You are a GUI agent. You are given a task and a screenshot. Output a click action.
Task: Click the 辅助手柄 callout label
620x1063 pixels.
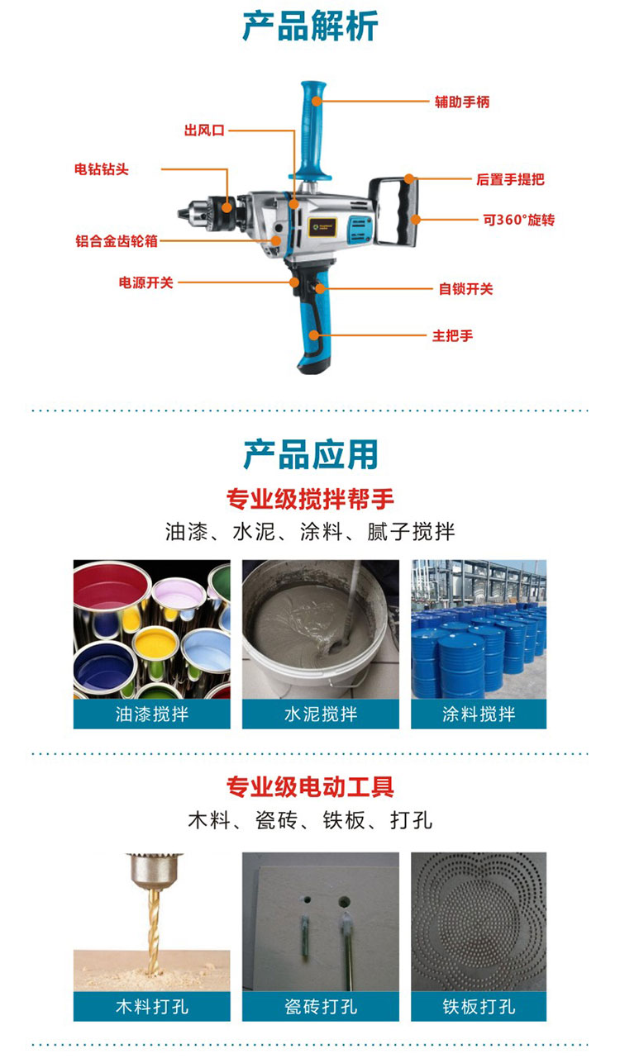point(462,102)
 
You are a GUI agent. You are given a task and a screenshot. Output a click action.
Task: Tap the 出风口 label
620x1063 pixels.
point(204,130)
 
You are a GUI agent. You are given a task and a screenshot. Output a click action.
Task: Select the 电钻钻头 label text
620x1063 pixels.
point(101,169)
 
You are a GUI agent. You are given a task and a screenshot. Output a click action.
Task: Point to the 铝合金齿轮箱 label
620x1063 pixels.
point(117,241)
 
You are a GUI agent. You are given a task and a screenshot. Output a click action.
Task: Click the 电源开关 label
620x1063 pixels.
point(145,282)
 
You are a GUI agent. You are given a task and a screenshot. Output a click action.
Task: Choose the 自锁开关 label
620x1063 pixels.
point(465,288)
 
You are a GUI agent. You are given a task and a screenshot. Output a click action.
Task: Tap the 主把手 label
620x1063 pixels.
point(452,336)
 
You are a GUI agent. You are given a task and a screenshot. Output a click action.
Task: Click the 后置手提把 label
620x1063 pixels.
point(510,179)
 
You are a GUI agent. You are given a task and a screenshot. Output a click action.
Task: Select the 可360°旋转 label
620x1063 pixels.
point(519,220)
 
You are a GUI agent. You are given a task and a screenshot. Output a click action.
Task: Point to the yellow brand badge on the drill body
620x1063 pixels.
point(323,228)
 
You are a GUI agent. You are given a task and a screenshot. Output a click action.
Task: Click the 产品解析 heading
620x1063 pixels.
point(310,26)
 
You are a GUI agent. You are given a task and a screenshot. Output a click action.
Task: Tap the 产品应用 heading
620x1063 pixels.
point(310,454)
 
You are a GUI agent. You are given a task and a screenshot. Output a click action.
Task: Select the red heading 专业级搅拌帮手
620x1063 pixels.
point(310,499)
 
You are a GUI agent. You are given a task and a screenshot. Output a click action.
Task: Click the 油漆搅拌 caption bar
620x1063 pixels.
point(151,714)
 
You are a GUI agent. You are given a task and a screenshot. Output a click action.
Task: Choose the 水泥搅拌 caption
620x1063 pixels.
point(321,714)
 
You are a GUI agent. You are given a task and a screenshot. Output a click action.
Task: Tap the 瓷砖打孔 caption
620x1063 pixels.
point(321,1006)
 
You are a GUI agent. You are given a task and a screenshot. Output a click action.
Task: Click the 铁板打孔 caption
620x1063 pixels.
point(479,1006)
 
